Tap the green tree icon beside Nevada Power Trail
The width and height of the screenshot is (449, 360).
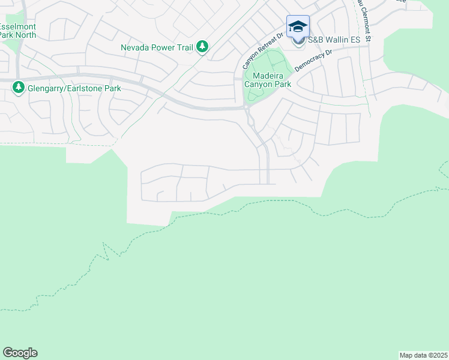coord(203,46)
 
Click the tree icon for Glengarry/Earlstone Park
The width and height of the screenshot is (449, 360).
coord(18,88)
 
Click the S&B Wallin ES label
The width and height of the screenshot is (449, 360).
coord(333,40)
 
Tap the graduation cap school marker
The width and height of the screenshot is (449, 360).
coord(298,27)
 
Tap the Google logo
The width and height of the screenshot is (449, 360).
coord(20,353)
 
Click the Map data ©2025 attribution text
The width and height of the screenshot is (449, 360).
coord(424,355)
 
